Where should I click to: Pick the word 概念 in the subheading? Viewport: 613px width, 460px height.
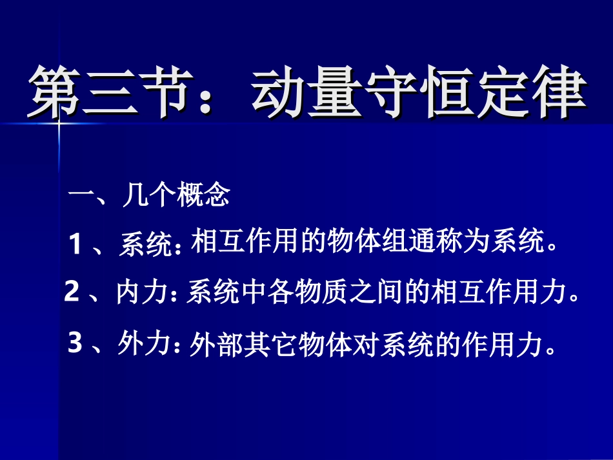(x=204, y=195)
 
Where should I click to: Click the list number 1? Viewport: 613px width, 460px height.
(x=77, y=245)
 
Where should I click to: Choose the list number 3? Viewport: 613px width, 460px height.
(x=75, y=343)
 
